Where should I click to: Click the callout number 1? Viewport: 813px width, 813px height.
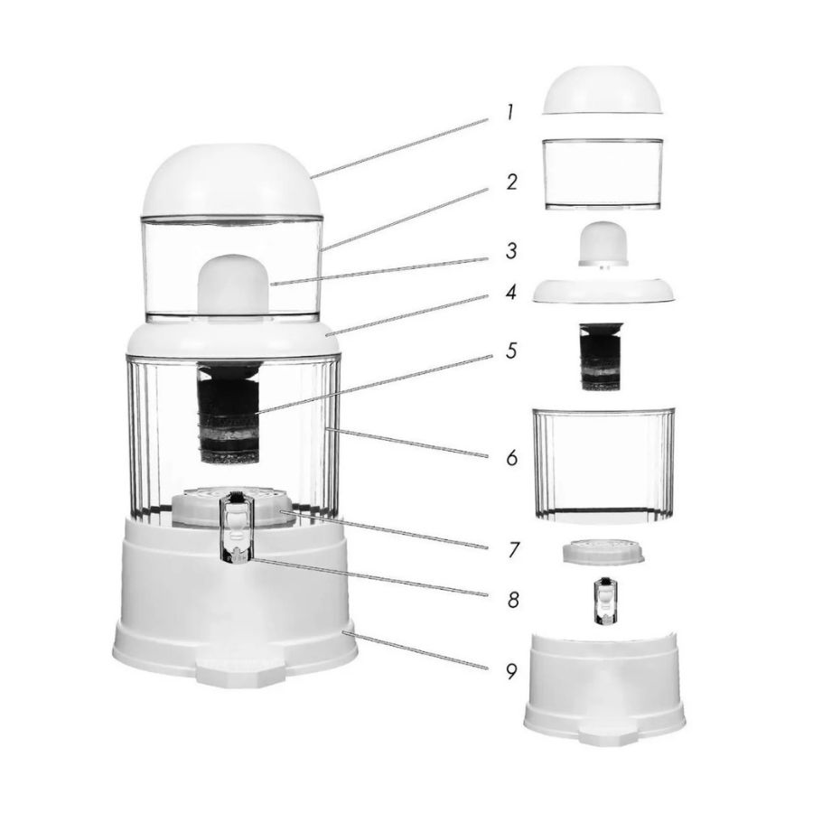tap(510, 113)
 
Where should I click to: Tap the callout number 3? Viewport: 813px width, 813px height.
tap(512, 251)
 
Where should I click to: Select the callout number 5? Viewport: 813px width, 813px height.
tap(512, 350)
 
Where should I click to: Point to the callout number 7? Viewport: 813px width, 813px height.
tap(513, 549)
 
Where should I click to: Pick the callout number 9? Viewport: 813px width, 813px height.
tap(512, 671)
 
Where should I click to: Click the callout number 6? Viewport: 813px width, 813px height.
tap(512, 458)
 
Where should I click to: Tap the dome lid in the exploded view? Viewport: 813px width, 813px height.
tap(602, 89)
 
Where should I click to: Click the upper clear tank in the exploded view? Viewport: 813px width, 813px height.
tap(603, 173)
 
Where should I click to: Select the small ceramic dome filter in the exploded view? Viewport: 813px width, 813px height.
tap(603, 244)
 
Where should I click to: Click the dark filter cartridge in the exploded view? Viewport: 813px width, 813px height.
tap(602, 356)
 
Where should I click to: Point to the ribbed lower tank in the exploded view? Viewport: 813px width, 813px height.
tap(603, 463)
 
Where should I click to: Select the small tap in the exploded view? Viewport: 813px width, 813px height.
tap(604, 601)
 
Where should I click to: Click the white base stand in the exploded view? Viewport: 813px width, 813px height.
tap(604, 687)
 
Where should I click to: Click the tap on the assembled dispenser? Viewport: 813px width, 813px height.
tap(237, 527)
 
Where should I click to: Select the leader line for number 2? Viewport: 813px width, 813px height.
tap(404, 220)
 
